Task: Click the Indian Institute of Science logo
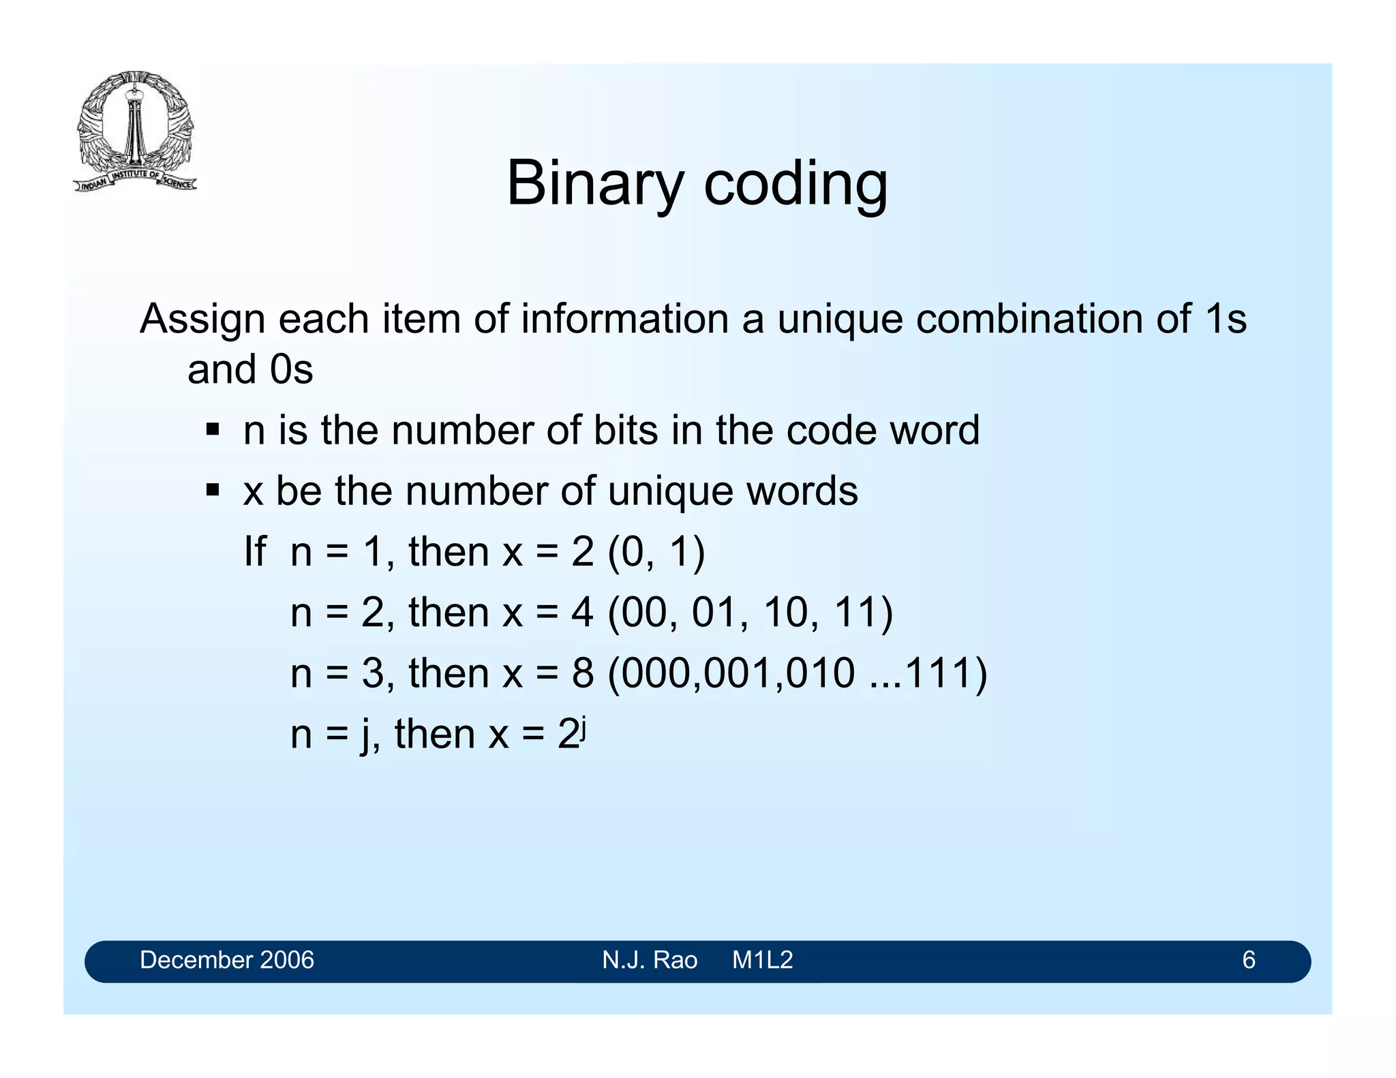(x=135, y=131)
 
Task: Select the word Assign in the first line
(x=202, y=319)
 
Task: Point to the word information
(x=625, y=319)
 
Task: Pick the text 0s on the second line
(x=291, y=370)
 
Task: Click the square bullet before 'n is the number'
(x=213, y=430)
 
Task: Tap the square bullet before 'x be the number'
(x=213, y=490)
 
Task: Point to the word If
(x=255, y=551)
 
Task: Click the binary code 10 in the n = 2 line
(x=785, y=612)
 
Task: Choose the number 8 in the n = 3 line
(x=582, y=673)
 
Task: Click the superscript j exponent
(x=584, y=726)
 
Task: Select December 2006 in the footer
(x=226, y=960)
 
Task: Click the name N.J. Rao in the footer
(x=650, y=960)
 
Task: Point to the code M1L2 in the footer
(x=762, y=960)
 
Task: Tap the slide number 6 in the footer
(x=1248, y=960)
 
